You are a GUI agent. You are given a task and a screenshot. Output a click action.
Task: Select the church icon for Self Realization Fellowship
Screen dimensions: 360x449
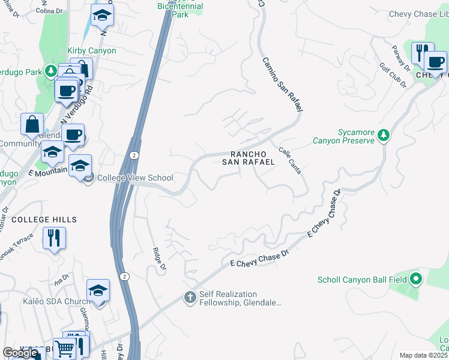(x=190, y=298)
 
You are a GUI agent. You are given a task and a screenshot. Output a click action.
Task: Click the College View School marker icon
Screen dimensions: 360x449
(x=89, y=178)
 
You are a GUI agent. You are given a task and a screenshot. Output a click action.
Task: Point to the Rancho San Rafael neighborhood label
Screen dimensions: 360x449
(x=249, y=158)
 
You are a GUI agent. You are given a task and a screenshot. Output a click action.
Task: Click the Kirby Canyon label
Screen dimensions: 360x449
(x=91, y=51)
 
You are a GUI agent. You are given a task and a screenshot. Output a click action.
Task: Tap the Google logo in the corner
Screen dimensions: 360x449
(x=20, y=353)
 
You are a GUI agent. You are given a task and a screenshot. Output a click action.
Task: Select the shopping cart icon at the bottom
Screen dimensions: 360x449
(x=64, y=349)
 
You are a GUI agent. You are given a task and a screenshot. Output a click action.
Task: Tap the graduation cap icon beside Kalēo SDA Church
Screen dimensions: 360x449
(x=98, y=291)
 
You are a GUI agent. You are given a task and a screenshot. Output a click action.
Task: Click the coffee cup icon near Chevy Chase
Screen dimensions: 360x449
(x=435, y=62)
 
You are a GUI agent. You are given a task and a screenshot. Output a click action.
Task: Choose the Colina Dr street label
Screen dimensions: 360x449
(x=49, y=11)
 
